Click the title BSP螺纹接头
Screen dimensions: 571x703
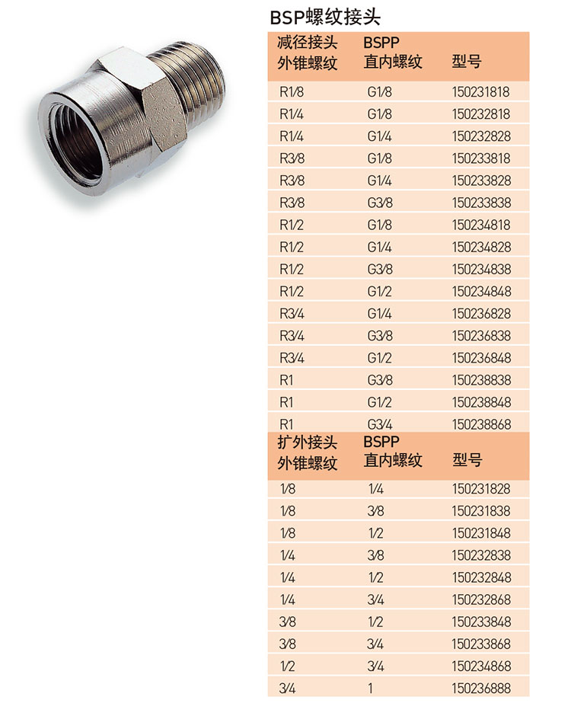[x=325, y=17]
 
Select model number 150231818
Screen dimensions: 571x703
[x=480, y=92]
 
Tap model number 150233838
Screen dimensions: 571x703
[x=481, y=203]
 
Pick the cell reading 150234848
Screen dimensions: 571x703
[x=481, y=292]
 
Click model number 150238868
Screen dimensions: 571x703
[x=481, y=424]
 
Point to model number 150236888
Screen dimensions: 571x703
[x=481, y=689]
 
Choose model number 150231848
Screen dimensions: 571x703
[x=481, y=533]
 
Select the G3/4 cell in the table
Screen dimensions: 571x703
[x=380, y=424]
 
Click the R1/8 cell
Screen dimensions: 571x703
[x=292, y=92]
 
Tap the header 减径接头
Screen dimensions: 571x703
[x=307, y=43]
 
